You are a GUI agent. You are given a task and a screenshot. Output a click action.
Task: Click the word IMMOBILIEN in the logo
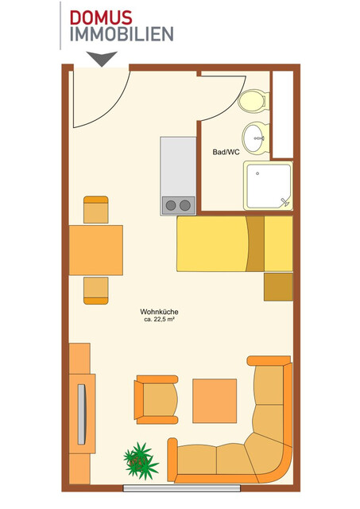(x=121, y=33)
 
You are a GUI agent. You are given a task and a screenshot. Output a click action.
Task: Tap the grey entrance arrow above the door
(x=102, y=58)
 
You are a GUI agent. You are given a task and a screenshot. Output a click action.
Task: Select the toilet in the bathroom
(x=254, y=101)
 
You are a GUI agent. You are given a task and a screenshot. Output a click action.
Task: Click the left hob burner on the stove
(x=170, y=205)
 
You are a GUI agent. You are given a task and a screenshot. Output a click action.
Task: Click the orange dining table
(x=95, y=249)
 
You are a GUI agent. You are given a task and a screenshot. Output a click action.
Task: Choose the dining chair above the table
(x=95, y=210)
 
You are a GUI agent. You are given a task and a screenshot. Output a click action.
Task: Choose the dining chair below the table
(x=95, y=289)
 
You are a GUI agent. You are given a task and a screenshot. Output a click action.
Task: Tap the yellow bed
(x=234, y=244)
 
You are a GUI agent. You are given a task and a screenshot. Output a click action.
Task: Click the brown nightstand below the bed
(x=278, y=286)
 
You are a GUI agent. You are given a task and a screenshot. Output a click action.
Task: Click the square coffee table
(x=215, y=401)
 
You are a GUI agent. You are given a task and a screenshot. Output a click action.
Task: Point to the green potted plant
(x=140, y=460)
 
